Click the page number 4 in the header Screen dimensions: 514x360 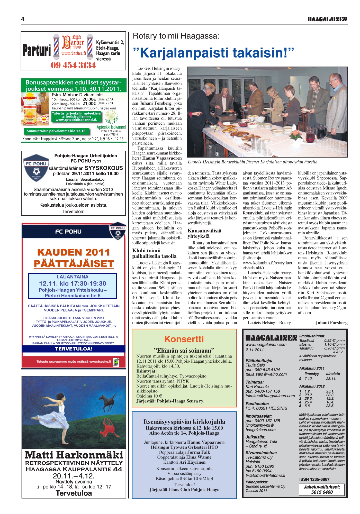(x=23, y=19)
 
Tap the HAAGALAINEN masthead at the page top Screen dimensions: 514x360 (x=327, y=19)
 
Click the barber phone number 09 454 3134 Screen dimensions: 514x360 (x=73, y=65)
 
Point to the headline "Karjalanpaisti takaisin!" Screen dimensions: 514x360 (x=213, y=53)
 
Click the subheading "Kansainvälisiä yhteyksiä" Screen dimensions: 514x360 (x=204, y=233)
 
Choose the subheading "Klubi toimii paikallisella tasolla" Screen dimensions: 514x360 (x=154, y=253)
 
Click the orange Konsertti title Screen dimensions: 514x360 (x=184, y=339)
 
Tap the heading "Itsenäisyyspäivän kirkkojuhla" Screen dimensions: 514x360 (x=184, y=422)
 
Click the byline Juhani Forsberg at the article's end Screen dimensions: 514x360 (x=331, y=323)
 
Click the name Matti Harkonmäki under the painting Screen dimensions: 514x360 (x=74, y=455)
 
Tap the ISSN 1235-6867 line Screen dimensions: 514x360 (x=314, y=479)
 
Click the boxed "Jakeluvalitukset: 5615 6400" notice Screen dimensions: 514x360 (x=322, y=490)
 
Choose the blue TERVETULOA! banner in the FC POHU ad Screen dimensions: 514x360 (x=74, y=349)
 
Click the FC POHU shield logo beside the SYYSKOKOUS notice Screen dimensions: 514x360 (x=36, y=168)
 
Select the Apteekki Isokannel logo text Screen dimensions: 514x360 (x=111, y=127)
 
